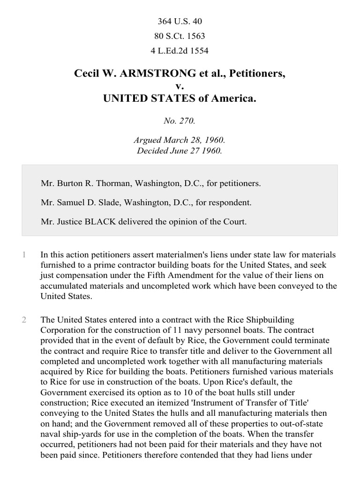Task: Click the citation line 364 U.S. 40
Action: click(180, 22)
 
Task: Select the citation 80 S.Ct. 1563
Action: click(180, 36)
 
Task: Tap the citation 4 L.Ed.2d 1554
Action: click(180, 51)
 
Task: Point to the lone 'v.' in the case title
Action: click(180, 86)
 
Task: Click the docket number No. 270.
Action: click(180, 120)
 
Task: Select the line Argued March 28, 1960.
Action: click(180, 141)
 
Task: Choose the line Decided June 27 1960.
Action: click(180, 151)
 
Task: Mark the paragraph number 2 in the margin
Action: click(24, 320)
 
